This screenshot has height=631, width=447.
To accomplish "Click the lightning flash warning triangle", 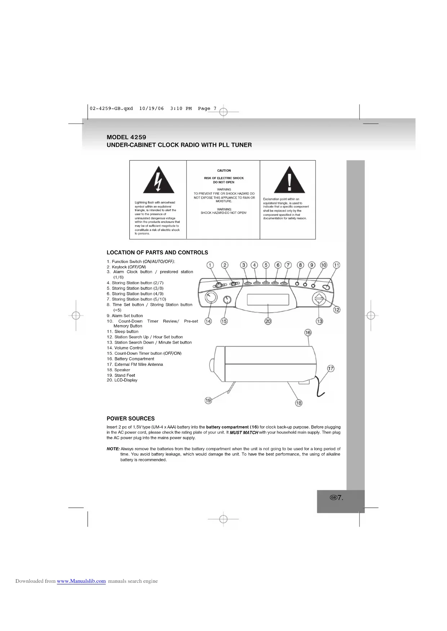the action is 158,181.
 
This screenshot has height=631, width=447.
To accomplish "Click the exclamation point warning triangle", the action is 289,181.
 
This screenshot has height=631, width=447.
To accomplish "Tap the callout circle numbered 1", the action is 210,265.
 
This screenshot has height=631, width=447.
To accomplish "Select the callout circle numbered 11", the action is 336,265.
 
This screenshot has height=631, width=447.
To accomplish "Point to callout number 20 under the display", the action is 268,321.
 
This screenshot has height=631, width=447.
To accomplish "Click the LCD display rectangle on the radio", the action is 268,299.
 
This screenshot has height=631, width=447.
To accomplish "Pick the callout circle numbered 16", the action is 308,333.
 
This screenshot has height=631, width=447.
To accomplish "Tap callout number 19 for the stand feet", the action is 208,400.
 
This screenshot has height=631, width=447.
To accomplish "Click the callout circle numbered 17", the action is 331,368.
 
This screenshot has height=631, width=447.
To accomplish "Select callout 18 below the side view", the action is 299,403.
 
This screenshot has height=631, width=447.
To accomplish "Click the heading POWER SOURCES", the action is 130,419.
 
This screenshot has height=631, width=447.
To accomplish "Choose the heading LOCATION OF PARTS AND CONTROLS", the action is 157,253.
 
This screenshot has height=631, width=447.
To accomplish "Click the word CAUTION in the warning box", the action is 224,171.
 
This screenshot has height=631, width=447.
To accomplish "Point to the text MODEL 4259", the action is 126,137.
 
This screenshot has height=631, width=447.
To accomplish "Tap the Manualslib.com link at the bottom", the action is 81,581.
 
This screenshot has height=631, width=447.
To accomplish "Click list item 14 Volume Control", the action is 125,348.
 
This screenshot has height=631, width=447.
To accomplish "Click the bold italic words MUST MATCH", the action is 244,432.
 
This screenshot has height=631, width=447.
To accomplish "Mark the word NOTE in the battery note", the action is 113,449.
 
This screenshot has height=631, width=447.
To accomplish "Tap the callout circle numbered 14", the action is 208,321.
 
